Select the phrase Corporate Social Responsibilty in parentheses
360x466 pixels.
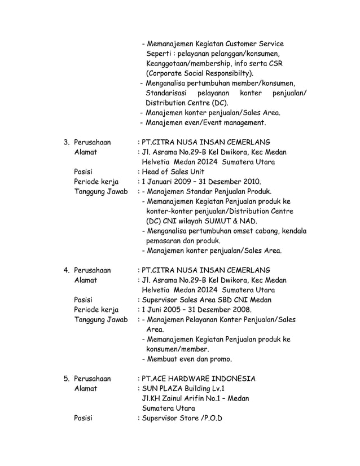[x=199, y=73]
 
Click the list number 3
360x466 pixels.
[x=66, y=142]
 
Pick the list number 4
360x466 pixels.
[x=66, y=269]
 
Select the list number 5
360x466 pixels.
[x=66, y=378]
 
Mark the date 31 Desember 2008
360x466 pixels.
[x=223, y=310]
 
